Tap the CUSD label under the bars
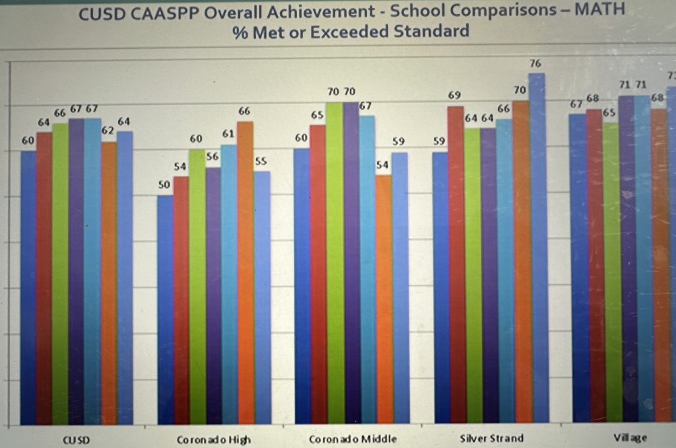[x=77, y=439]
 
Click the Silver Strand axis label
[x=491, y=438]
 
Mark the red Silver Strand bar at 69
[x=456, y=264]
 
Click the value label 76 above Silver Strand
[x=535, y=63]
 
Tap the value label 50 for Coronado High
[x=164, y=185]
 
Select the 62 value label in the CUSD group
[x=108, y=131]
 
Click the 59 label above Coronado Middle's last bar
[x=399, y=141]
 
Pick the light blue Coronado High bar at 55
[x=262, y=297]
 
